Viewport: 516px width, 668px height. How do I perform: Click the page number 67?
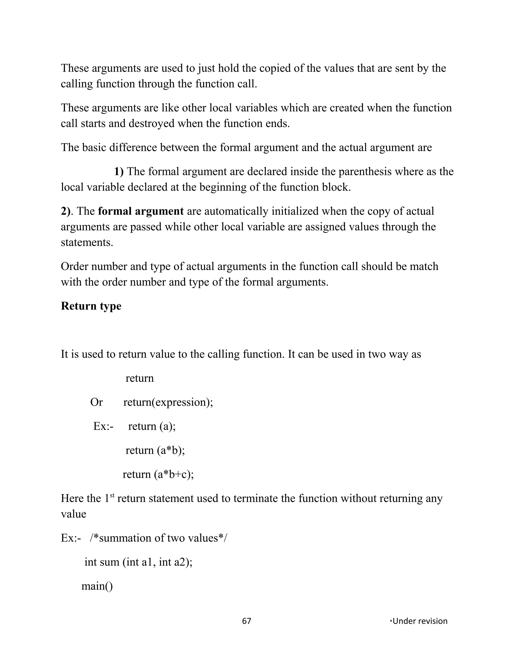point(246,621)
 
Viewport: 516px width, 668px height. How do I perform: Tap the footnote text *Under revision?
point(418,621)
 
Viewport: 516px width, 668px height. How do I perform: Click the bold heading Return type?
point(91,306)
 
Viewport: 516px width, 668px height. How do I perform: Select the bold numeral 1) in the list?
point(119,172)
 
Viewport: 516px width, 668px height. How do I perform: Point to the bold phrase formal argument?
point(141,211)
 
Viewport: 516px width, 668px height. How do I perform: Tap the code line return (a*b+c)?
point(158,474)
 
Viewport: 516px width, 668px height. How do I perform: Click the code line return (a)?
point(152,426)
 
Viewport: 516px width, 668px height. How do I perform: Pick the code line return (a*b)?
point(155,450)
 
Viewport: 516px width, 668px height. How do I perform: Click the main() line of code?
point(97,586)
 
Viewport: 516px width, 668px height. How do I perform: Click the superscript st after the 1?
point(112,496)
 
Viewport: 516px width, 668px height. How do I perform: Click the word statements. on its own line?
point(87,242)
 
